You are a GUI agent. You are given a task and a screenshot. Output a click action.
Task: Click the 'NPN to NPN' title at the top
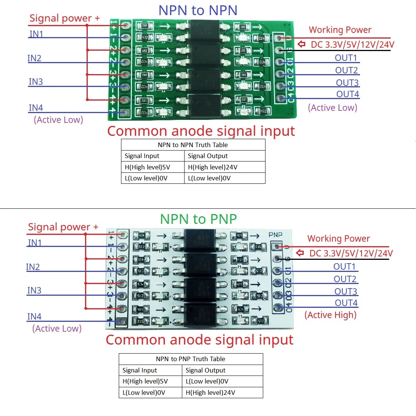(x=198, y=10)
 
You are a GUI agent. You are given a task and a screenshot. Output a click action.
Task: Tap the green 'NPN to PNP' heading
(x=199, y=219)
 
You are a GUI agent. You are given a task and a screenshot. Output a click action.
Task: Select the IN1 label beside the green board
(x=36, y=34)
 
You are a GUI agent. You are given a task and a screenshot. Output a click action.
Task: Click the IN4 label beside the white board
(x=34, y=316)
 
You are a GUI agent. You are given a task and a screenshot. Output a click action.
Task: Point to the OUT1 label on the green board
(x=346, y=57)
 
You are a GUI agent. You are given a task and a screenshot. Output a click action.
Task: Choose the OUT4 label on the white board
(x=346, y=303)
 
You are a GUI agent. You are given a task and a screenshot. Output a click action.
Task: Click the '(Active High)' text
(x=331, y=315)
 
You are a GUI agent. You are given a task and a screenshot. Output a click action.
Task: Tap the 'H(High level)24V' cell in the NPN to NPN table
(x=213, y=167)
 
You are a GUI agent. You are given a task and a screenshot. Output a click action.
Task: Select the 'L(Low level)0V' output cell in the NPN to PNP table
(x=207, y=381)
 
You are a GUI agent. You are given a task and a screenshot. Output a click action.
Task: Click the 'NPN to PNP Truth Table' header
(x=191, y=359)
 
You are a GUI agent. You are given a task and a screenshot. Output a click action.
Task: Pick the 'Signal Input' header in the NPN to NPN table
(x=142, y=156)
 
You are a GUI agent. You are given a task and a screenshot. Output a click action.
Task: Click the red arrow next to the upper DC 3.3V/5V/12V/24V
(x=301, y=44)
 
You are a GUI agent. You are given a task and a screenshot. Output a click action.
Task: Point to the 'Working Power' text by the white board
(x=338, y=239)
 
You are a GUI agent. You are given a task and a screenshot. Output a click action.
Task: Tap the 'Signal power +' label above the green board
(x=65, y=18)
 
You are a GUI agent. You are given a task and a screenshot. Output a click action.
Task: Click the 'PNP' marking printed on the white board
(x=275, y=234)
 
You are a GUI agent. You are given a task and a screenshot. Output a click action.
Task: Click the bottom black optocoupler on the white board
(x=200, y=315)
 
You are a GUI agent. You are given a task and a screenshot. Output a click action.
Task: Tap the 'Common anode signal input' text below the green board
(x=201, y=131)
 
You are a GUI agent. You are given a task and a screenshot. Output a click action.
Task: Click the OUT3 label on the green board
(x=347, y=82)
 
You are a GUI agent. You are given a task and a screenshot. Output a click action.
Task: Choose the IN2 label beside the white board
(x=33, y=267)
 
